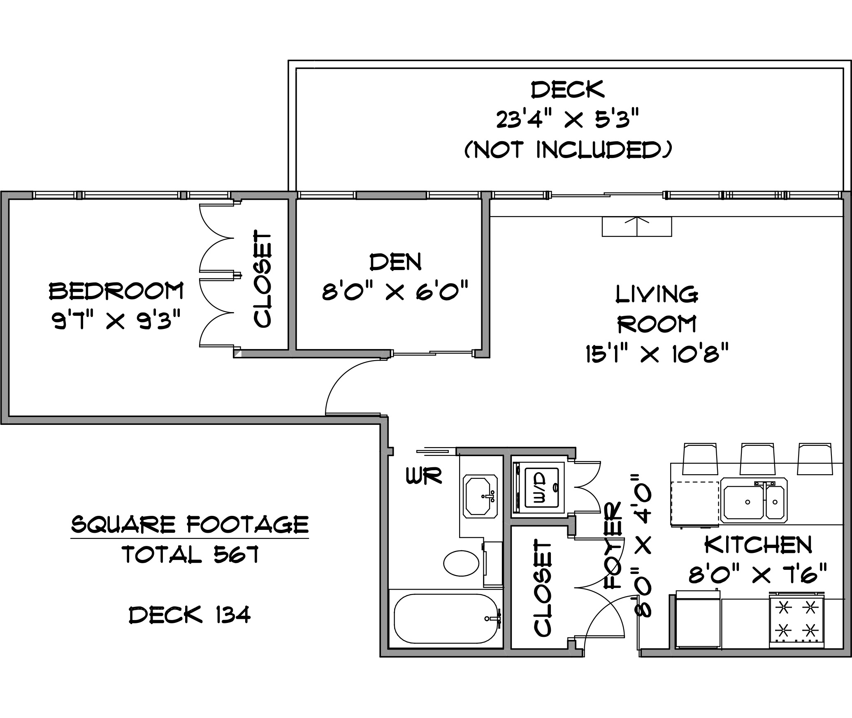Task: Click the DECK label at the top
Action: pos(568,89)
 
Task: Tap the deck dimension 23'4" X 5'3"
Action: pos(568,120)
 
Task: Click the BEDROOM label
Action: pos(116,291)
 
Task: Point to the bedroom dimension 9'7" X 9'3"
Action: pos(116,320)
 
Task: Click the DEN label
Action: pos(396,262)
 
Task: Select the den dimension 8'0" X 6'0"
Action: pos(395,291)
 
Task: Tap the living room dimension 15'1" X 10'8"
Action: pos(657,353)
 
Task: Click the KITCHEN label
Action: pos(758,545)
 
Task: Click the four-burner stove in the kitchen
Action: pos(796,620)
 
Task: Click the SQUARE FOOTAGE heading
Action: pos(190,525)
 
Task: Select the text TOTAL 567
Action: pos(190,554)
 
